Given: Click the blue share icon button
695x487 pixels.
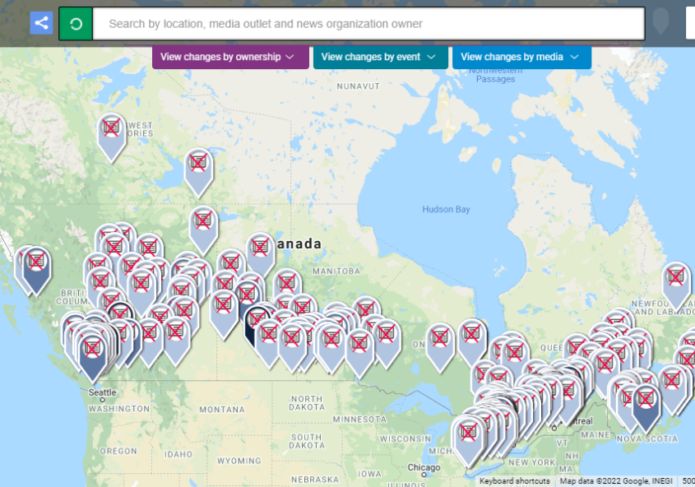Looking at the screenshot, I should tap(41, 23).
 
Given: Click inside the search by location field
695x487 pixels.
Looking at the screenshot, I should tap(368, 24).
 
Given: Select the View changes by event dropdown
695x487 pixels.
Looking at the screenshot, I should tap(381, 57).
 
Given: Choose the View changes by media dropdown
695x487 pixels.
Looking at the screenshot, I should tap(521, 57).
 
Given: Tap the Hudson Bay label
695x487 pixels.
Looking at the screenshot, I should tap(446, 209).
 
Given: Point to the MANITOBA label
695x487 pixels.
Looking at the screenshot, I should tap(336, 271).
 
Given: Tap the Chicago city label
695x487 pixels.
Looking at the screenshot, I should tap(424, 467).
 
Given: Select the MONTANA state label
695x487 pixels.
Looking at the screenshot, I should tap(222, 409).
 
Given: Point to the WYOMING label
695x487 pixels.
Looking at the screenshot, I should tap(239, 461).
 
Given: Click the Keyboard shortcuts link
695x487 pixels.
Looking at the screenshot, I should tap(514, 481).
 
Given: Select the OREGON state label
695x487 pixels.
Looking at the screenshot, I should tap(118, 451).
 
